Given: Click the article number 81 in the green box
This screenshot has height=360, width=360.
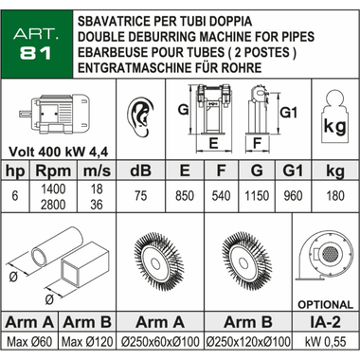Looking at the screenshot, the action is point(35,53).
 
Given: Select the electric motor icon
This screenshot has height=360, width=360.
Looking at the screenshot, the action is point(55,115).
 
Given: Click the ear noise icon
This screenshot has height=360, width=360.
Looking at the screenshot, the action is point(140,117).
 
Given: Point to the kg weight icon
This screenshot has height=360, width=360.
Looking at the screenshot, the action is point(334,117).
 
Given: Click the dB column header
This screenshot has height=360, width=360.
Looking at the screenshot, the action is point(140,171).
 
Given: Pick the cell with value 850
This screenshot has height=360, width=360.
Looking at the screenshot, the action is point(185,196).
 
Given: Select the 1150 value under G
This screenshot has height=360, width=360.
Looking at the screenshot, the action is point(257,196).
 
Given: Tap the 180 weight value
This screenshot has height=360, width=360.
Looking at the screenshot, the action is point(335,196).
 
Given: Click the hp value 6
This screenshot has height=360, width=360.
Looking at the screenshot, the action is point(15,196).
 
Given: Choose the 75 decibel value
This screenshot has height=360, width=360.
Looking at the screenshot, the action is point(140,196).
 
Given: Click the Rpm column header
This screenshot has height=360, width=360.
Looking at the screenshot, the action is point(53,171).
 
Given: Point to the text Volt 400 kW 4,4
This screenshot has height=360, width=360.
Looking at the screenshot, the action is point(58,152).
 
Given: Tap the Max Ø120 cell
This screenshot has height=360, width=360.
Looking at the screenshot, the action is point(87,342).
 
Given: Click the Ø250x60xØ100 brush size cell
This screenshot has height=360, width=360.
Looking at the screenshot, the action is point(160,342).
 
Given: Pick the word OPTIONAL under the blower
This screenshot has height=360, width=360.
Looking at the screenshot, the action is point(325,304).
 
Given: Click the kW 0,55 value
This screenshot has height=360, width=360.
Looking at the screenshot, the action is point(326,342).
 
